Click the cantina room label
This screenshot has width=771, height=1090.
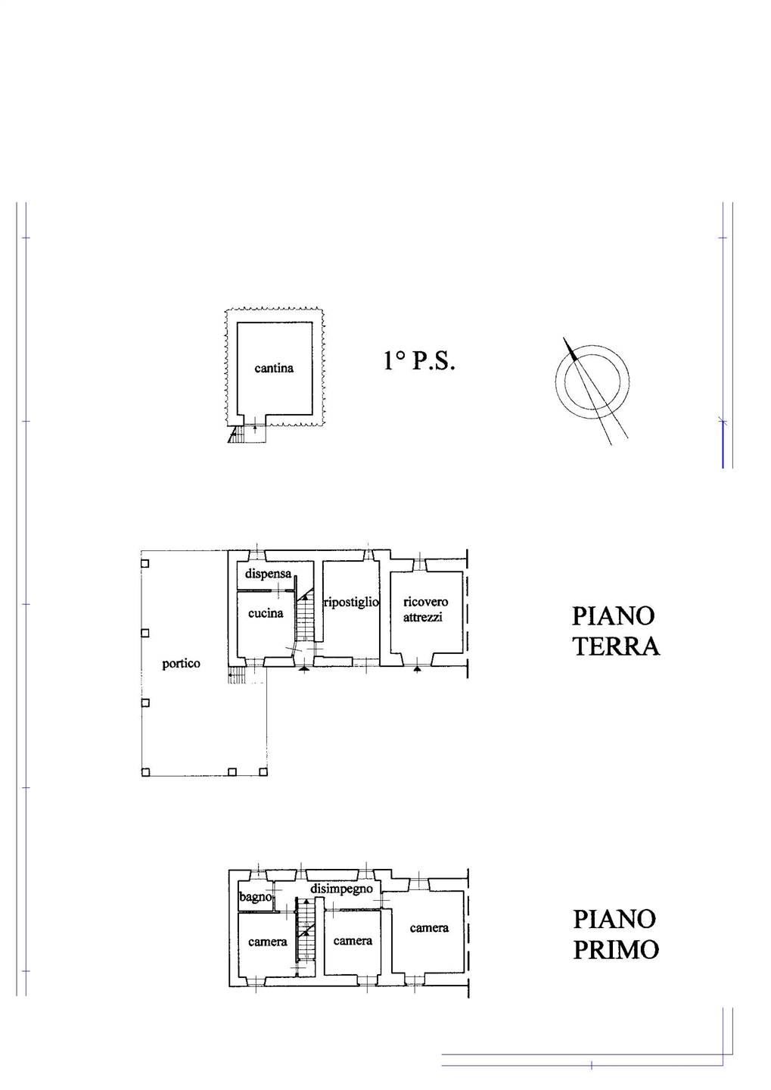(274, 368)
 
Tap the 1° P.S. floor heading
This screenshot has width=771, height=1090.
(419, 361)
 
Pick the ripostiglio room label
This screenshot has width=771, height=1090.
(351, 603)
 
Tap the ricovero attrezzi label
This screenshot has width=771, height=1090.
(426, 609)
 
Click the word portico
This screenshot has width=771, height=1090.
(181, 664)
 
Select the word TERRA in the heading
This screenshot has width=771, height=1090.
(617, 646)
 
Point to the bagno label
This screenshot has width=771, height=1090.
(256, 897)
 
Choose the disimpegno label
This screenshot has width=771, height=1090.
(342, 889)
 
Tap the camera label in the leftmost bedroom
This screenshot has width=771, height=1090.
(268, 942)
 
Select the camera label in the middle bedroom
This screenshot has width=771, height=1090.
(353, 941)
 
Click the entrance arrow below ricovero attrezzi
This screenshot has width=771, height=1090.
(417, 670)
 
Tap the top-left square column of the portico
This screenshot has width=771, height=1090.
(145, 563)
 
